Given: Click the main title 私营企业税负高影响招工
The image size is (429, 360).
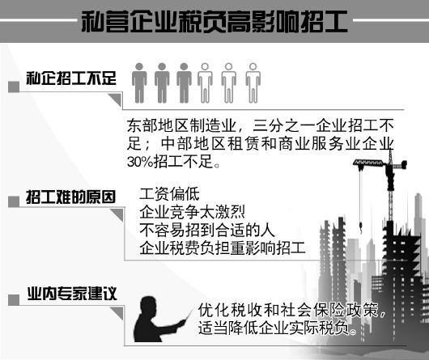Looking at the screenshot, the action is pyautogui.click(x=214, y=22).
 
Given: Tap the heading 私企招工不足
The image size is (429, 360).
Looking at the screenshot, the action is pyautogui.click(x=71, y=78).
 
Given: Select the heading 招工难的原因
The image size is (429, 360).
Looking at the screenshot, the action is pyautogui.click(x=71, y=197).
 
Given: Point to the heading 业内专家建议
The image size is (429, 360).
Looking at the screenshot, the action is pyautogui.click(x=72, y=294).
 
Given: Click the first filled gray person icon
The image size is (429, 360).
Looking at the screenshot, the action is pyautogui.click(x=139, y=83).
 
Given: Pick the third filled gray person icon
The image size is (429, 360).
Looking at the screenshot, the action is pyautogui.click(x=184, y=83).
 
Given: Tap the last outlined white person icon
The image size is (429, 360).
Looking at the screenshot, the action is pyautogui.click(x=253, y=83).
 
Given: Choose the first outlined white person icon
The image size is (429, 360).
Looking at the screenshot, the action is pyautogui.click(x=206, y=83).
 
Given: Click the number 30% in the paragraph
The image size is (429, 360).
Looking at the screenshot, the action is pyautogui.click(x=140, y=162).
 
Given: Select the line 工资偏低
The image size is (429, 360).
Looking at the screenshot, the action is pyautogui.click(x=170, y=194).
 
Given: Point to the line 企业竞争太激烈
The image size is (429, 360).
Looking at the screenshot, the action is pyautogui.click(x=192, y=212).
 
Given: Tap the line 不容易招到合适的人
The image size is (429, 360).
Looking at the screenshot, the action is pyautogui.click(x=207, y=231).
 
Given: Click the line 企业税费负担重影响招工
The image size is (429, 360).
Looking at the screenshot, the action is pyautogui.click(x=223, y=248).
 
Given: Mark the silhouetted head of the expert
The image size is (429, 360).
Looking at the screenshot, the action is pyautogui.click(x=149, y=305).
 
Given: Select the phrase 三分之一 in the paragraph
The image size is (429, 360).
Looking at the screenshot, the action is pyautogui.click(x=284, y=125).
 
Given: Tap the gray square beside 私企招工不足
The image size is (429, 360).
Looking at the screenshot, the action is pyautogui.click(x=14, y=87).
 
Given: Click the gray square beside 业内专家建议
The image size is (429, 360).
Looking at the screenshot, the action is pyautogui.click(x=14, y=300).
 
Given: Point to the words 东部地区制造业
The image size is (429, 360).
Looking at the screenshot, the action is pyautogui.click(x=181, y=125).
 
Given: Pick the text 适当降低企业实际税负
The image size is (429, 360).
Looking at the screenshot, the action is pyautogui.click(x=274, y=328).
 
